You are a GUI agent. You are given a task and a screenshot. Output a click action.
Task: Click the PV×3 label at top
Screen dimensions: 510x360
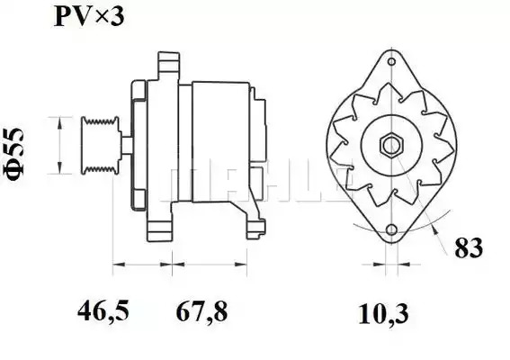pyautogui.click(x=89, y=16)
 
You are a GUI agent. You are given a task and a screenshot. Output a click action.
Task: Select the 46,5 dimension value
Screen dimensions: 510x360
pyautogui.click(x=103, y=310)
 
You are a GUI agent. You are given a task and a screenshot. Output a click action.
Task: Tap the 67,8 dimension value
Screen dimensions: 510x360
pyautogui.click(x=201, y=310)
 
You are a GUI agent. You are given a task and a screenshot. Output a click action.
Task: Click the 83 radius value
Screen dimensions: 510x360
pyautogui.click(x=469, y=248)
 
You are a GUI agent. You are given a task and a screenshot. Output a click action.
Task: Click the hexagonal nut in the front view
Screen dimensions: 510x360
pyautogui.click(x=392, y=146)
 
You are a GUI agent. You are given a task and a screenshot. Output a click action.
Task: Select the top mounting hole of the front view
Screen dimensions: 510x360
pyautogui.click(x=392, y=61)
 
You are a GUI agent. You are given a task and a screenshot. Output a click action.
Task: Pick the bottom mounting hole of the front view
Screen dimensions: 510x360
pyautogui.click(x=392, y=229)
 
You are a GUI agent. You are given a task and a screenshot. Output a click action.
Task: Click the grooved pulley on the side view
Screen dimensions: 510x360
pyautogui.click(x=100, y=145)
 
